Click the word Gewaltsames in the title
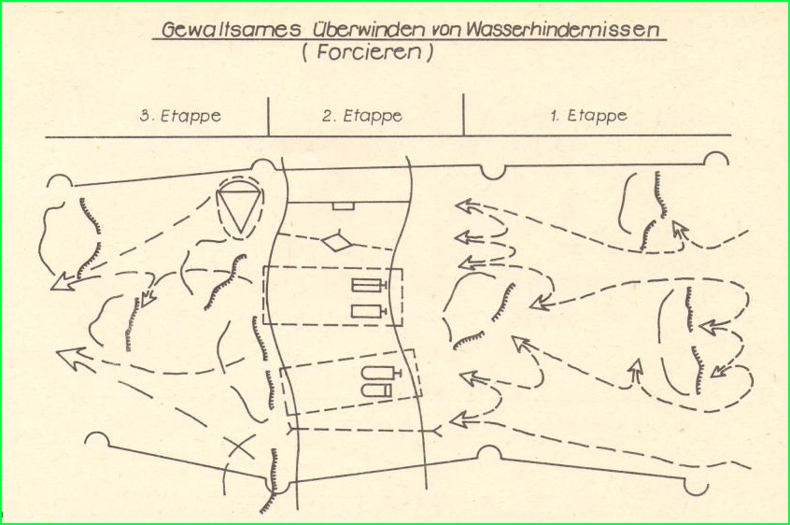point(232,29)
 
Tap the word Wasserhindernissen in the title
point(562,29)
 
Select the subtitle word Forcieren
point(368,52)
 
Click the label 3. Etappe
point(180,116)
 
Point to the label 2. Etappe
point(362,116)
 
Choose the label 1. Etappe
point(588,116)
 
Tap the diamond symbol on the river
point(337,241)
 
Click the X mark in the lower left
point(239,447)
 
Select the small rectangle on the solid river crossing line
point(343,206)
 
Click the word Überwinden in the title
point(368,29)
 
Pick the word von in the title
point(444,31)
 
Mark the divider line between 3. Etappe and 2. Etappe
point(269,117)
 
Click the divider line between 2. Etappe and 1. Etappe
point(463,114)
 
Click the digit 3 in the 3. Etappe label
point(145,116)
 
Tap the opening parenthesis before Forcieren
point(305,53)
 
